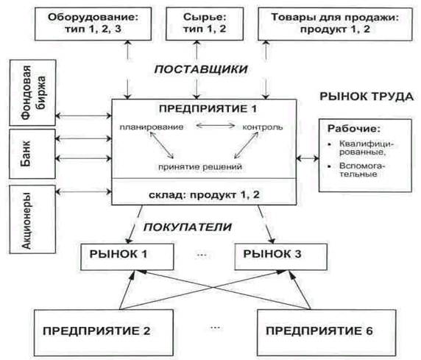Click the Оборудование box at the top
[x=93, y=24]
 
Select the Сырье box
[x=205, y=24]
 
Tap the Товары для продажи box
[x=335, y=24]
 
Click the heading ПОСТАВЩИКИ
[x=201, y=69]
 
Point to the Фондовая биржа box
[x=32, y=93]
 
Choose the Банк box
[x=32, y=154]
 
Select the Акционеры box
[x=32, y=219]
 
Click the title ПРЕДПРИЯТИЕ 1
[x=208, y=109]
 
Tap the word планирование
[x=152, y=127]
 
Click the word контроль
[x=263, y=127]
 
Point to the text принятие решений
[x=200, y=167]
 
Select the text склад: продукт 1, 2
[x=204, y=195]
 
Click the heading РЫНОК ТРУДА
[x=367, y=96]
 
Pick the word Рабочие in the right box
[x=354, y=129]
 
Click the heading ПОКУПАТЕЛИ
[x=188, y=227]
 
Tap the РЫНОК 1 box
[x=127, y=257]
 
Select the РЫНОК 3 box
[x=281, y=257]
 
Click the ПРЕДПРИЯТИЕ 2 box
[x=104, y=333]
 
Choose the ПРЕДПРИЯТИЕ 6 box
[x=327, y=333]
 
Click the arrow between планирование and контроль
[x=216, y=125]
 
